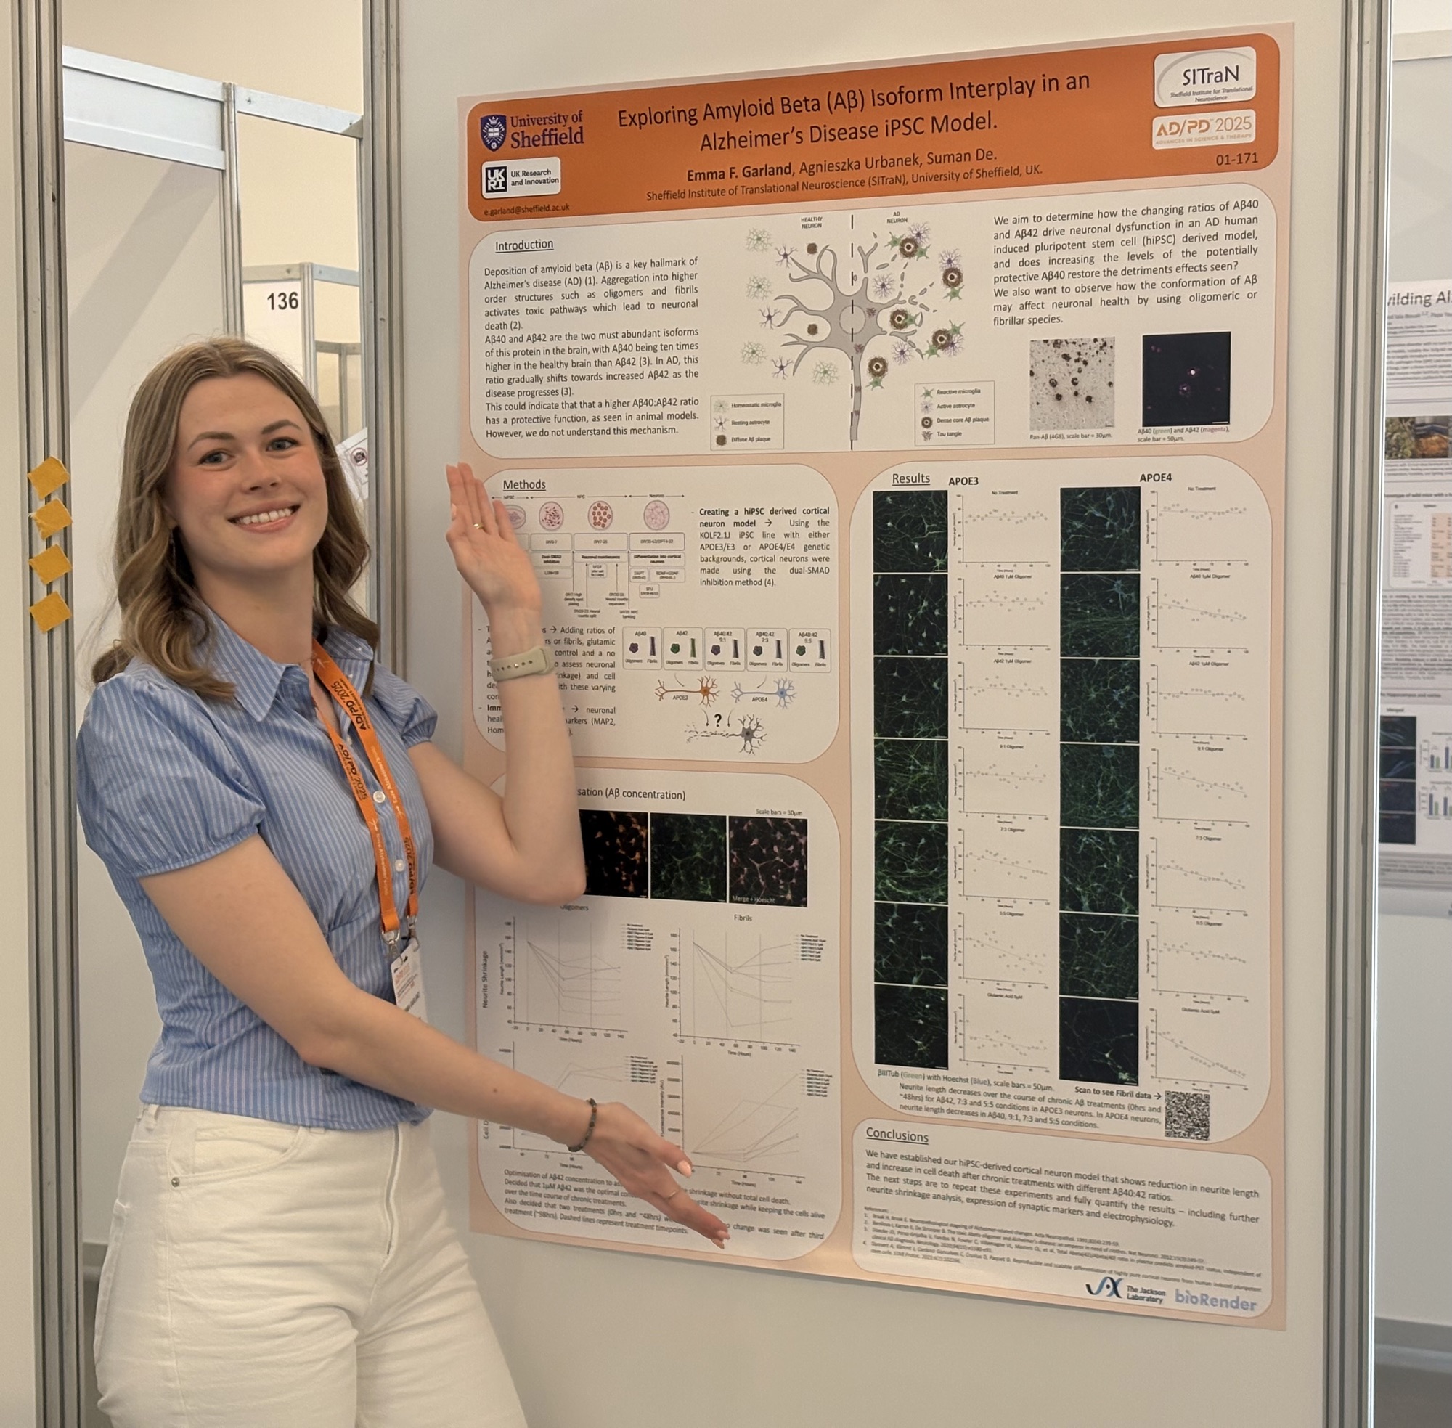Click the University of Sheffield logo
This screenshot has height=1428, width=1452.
tap(531, 131)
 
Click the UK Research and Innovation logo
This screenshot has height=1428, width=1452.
tap(521, 177)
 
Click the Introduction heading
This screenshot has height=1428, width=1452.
tap(523, 245)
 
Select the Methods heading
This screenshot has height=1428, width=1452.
tap(523, 484)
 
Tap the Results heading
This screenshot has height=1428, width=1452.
tap(910, 478)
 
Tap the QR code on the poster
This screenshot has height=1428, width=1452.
tap(1187, 1115)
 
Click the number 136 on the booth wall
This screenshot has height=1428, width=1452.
tap(282, 301)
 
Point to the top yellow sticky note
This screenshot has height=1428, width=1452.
tap(48, 476)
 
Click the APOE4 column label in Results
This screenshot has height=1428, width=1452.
tap(1155, 478)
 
